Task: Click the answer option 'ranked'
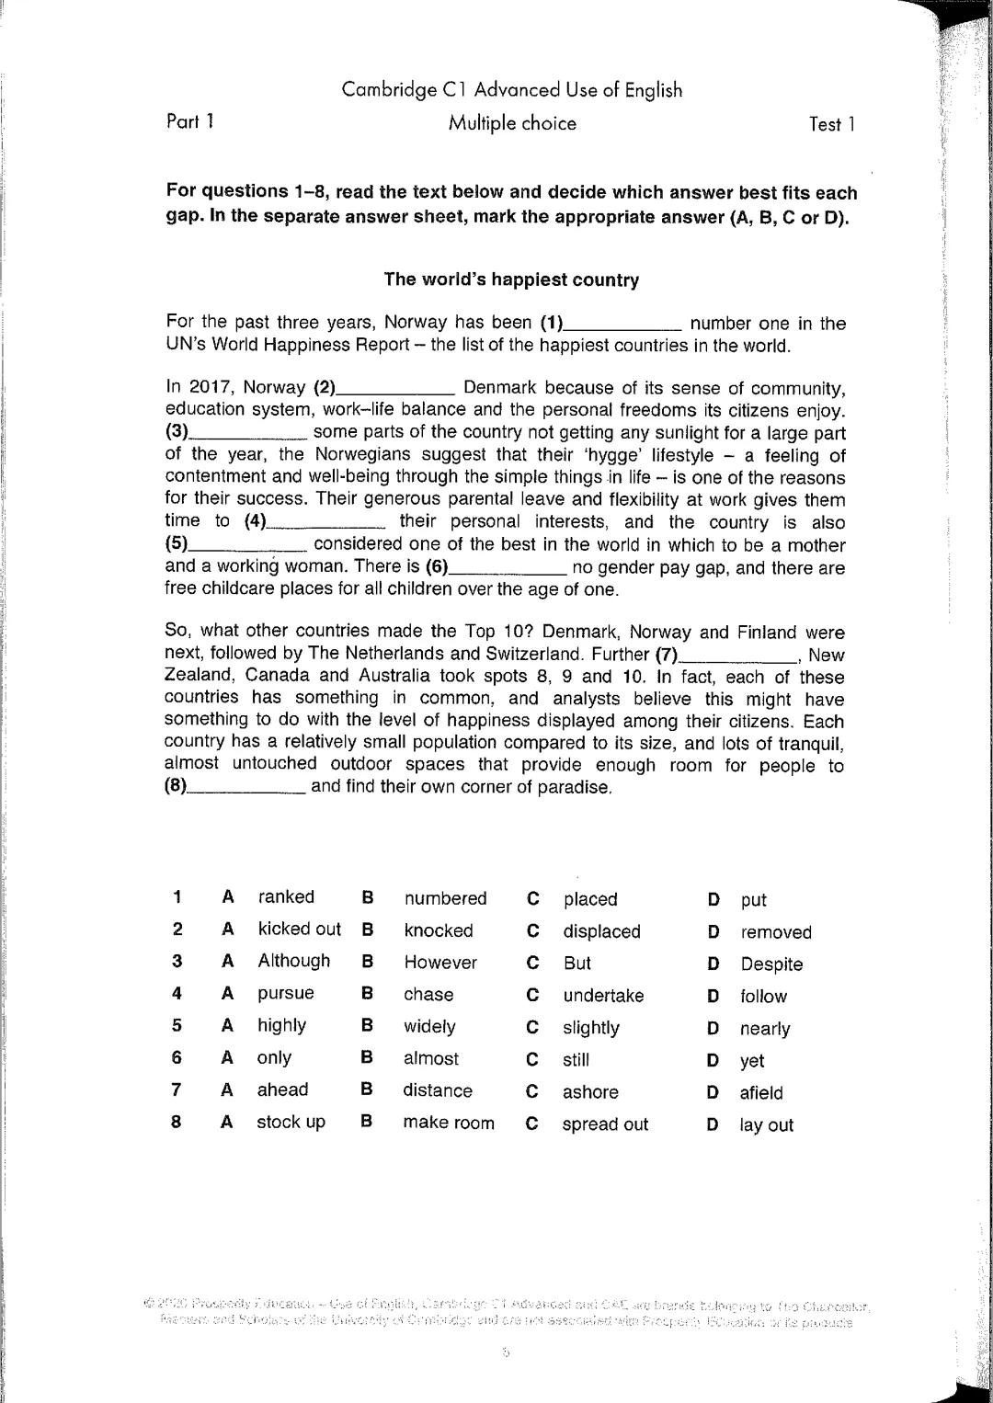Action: tap(286, 897)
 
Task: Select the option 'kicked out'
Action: tap(299, 930)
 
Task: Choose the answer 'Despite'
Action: tap(770, 964)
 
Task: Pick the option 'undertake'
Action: tap(603, 996)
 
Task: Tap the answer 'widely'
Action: tap(429, 1026)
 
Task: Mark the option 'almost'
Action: tap(430, 1058)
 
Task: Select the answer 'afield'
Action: tap(761, 1093)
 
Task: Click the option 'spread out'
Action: tap(605, 1124)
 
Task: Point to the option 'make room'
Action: tap(448, 1123)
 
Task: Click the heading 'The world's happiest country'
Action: tap(511, 279)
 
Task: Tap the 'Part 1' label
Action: tap(190, 120)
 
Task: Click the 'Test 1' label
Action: tap(831, 124)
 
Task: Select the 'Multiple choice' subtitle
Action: tap(512, 123)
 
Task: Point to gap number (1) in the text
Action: tap(623, 324)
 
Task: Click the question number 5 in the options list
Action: tap(177, 1025)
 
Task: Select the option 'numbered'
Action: tap(445, 898)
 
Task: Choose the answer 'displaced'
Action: tap(601, 931)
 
